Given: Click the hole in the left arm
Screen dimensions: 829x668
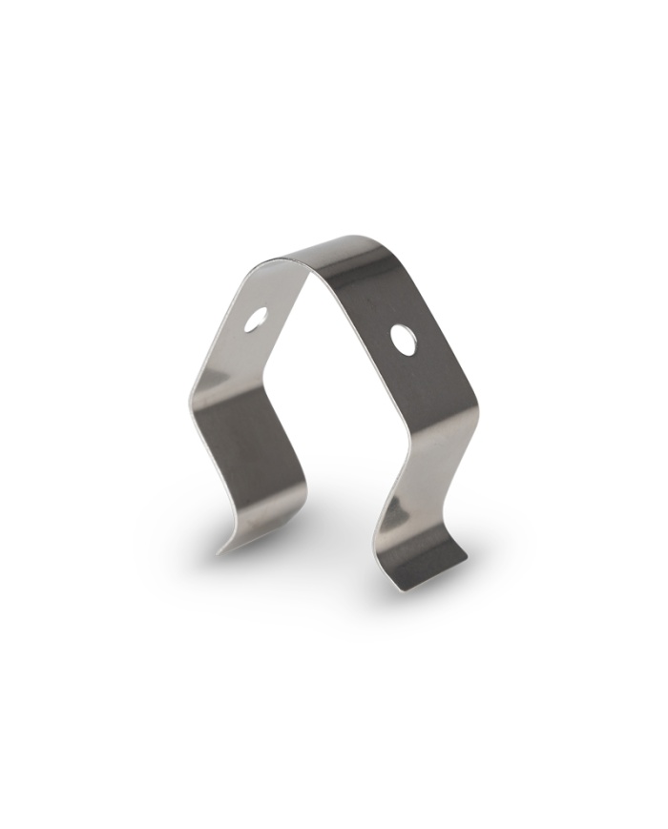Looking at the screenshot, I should (256, 321).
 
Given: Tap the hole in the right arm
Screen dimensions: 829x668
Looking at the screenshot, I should (404, 339).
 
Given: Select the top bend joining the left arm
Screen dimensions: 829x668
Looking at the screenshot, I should (286, 261).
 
